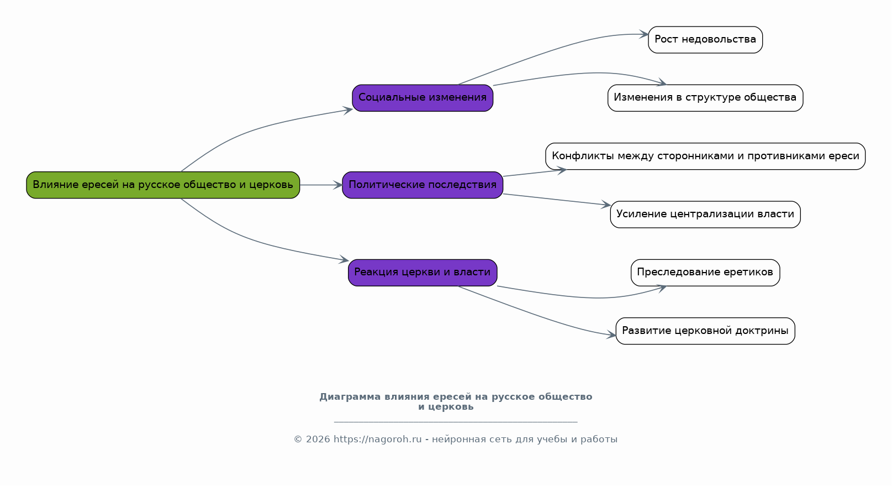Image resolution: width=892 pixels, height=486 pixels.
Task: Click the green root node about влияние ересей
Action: point(163,185)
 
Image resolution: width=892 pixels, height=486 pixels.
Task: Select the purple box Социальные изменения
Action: point(423,98)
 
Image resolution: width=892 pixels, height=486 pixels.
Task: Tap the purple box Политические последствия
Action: point(423,185)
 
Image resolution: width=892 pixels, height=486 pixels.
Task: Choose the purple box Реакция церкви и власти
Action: point(423,273)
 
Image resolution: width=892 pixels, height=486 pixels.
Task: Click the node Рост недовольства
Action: point(705,39)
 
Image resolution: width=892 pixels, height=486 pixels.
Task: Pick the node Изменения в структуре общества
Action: point(705,98)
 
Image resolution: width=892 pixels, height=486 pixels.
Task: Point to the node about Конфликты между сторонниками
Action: point(705,156)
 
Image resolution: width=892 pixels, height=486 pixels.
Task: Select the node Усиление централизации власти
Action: point(705,215)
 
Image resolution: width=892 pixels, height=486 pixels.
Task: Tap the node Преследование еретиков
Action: point(705,273)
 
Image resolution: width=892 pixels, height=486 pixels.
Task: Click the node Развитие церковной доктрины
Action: point(705,331)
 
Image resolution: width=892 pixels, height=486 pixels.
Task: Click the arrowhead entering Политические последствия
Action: point(337,185)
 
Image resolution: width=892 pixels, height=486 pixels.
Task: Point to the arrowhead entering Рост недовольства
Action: point(643,34)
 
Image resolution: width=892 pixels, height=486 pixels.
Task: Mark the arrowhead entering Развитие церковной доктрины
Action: point(611,335)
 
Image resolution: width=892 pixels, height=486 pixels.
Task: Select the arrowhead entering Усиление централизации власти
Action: point(606,205)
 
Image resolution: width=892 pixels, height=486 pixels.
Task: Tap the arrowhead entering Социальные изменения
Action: point(348,110)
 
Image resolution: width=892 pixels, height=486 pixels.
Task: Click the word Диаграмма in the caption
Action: point(350,396)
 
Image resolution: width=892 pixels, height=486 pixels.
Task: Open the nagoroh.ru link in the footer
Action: point(377,440)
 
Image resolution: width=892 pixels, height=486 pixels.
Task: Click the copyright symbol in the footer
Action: point(298,440)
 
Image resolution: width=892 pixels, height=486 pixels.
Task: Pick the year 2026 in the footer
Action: point(318,440)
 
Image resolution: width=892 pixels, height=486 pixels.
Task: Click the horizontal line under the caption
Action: point(456,421)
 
